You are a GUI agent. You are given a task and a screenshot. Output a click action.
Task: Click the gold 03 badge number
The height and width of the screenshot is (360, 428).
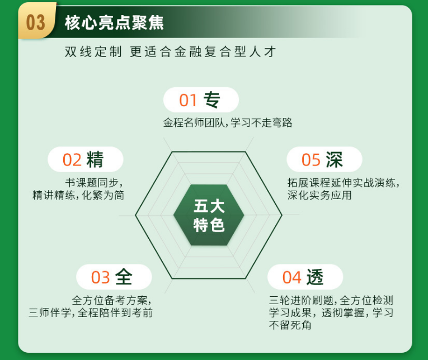point(35,23)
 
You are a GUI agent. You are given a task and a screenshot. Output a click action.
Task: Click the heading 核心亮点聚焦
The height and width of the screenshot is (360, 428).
point(114,23)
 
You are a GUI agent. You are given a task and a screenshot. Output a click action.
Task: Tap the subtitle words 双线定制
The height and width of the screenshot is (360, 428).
point(93,52)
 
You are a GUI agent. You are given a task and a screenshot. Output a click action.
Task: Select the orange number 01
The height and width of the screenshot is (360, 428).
point(189,101)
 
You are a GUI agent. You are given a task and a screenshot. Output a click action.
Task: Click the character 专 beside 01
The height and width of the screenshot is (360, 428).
point(211,100)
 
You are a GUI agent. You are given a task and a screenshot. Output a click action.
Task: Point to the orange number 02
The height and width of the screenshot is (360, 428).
point(72,160)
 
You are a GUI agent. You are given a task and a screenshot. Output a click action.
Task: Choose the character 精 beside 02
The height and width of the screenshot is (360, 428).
point(95,159)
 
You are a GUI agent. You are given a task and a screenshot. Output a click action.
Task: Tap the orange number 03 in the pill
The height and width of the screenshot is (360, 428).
point(101,277)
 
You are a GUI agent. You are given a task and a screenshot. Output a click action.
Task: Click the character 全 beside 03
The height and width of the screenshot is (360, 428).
point(124,277)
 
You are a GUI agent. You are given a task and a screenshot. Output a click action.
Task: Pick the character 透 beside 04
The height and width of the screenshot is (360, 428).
point(315,277)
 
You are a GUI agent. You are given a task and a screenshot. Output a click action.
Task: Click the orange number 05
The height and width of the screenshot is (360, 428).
point(311,160)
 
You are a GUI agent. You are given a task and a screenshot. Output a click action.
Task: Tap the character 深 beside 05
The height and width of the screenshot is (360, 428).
point(335,159)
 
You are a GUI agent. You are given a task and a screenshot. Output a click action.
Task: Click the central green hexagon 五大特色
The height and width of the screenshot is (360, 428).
point(209,215)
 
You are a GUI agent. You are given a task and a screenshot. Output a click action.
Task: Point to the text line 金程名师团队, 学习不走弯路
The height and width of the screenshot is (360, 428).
point(228,123)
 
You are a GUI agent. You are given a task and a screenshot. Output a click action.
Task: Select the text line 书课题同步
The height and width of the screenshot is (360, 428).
point(94,183)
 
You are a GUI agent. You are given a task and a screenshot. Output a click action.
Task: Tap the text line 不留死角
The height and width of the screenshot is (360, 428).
point(290,325)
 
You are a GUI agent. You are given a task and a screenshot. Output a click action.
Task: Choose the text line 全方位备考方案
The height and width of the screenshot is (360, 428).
point(112,300)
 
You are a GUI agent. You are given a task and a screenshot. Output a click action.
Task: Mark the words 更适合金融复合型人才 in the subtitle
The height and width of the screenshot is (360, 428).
point(203,52)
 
